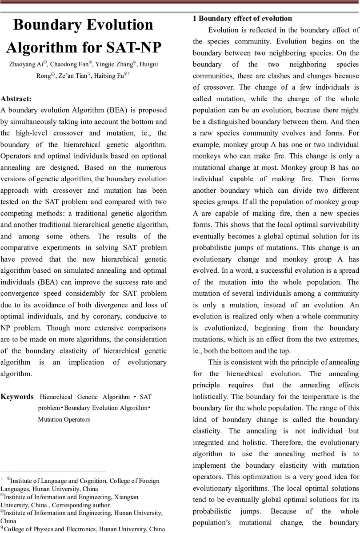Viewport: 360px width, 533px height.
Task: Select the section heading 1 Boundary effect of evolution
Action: pos(242,18)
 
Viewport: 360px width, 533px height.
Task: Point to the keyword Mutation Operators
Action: pos(64,419)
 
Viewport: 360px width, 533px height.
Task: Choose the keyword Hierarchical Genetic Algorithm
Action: pos(85,397)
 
